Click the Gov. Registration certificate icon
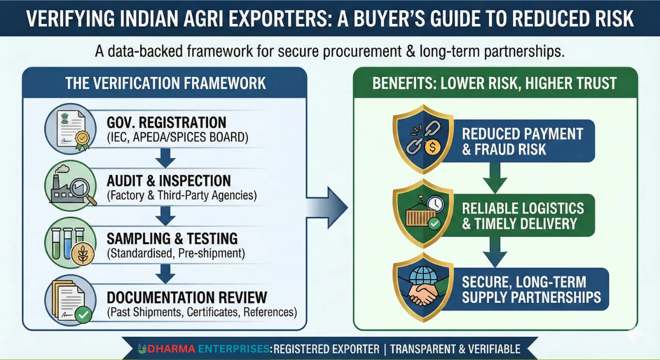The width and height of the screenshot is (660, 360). click(67, 129)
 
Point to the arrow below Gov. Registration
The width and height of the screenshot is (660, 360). click(165, 158)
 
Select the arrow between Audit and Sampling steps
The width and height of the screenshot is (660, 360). click(165, 216)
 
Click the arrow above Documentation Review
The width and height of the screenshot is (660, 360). click(165, 274)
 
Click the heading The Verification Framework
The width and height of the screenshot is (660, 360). click(165, 83)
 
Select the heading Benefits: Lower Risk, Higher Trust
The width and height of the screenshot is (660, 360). click(495, 83)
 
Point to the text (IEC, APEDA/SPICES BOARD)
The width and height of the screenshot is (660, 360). click(177, 138)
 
